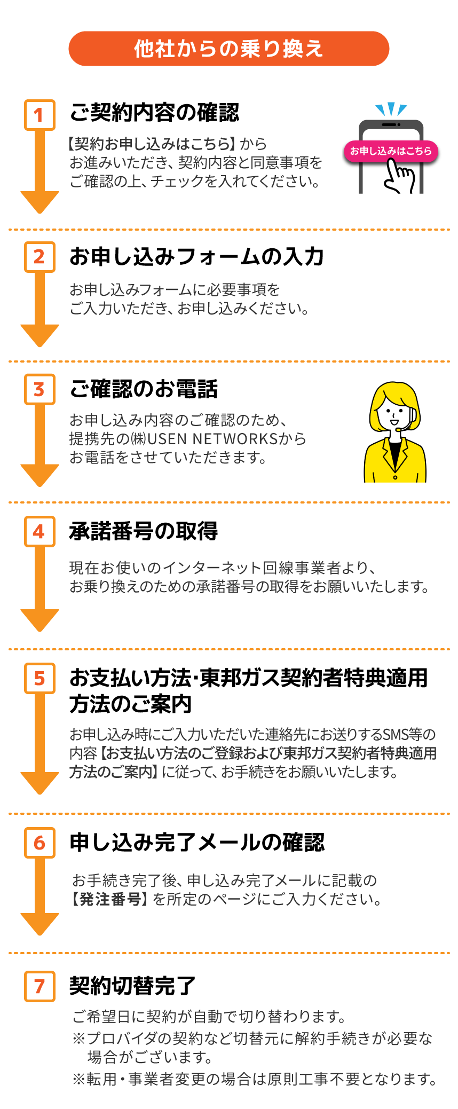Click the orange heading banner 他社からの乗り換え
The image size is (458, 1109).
pyautogui.click(x=228, y=49)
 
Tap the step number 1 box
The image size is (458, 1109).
pyautogui.click(x=40, y=115)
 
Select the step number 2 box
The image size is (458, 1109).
pyautogui.click(x=40, y=257)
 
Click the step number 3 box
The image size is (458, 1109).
pyautogui.click(x=40, y=389)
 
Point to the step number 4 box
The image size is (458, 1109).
pyautogui.click(x=40, y=531)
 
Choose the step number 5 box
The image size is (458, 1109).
pyautogui.click(x=40, y=678)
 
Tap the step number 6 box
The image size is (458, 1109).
pyautogui.click(x=40, y=843)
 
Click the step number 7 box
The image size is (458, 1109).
pyautogui.click(x=40, y=986)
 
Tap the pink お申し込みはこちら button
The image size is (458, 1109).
pyautogui.click(x=391, y=151)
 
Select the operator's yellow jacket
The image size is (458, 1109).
pyautogui.click(x=395, y=462)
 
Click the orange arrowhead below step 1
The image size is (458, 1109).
pyautogui.click(x=40, y=202)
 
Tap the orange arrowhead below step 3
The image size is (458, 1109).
pyautogui.click(x=40, y=475)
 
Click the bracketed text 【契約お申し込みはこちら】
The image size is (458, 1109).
pyautogui.click(x=152, y=144)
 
